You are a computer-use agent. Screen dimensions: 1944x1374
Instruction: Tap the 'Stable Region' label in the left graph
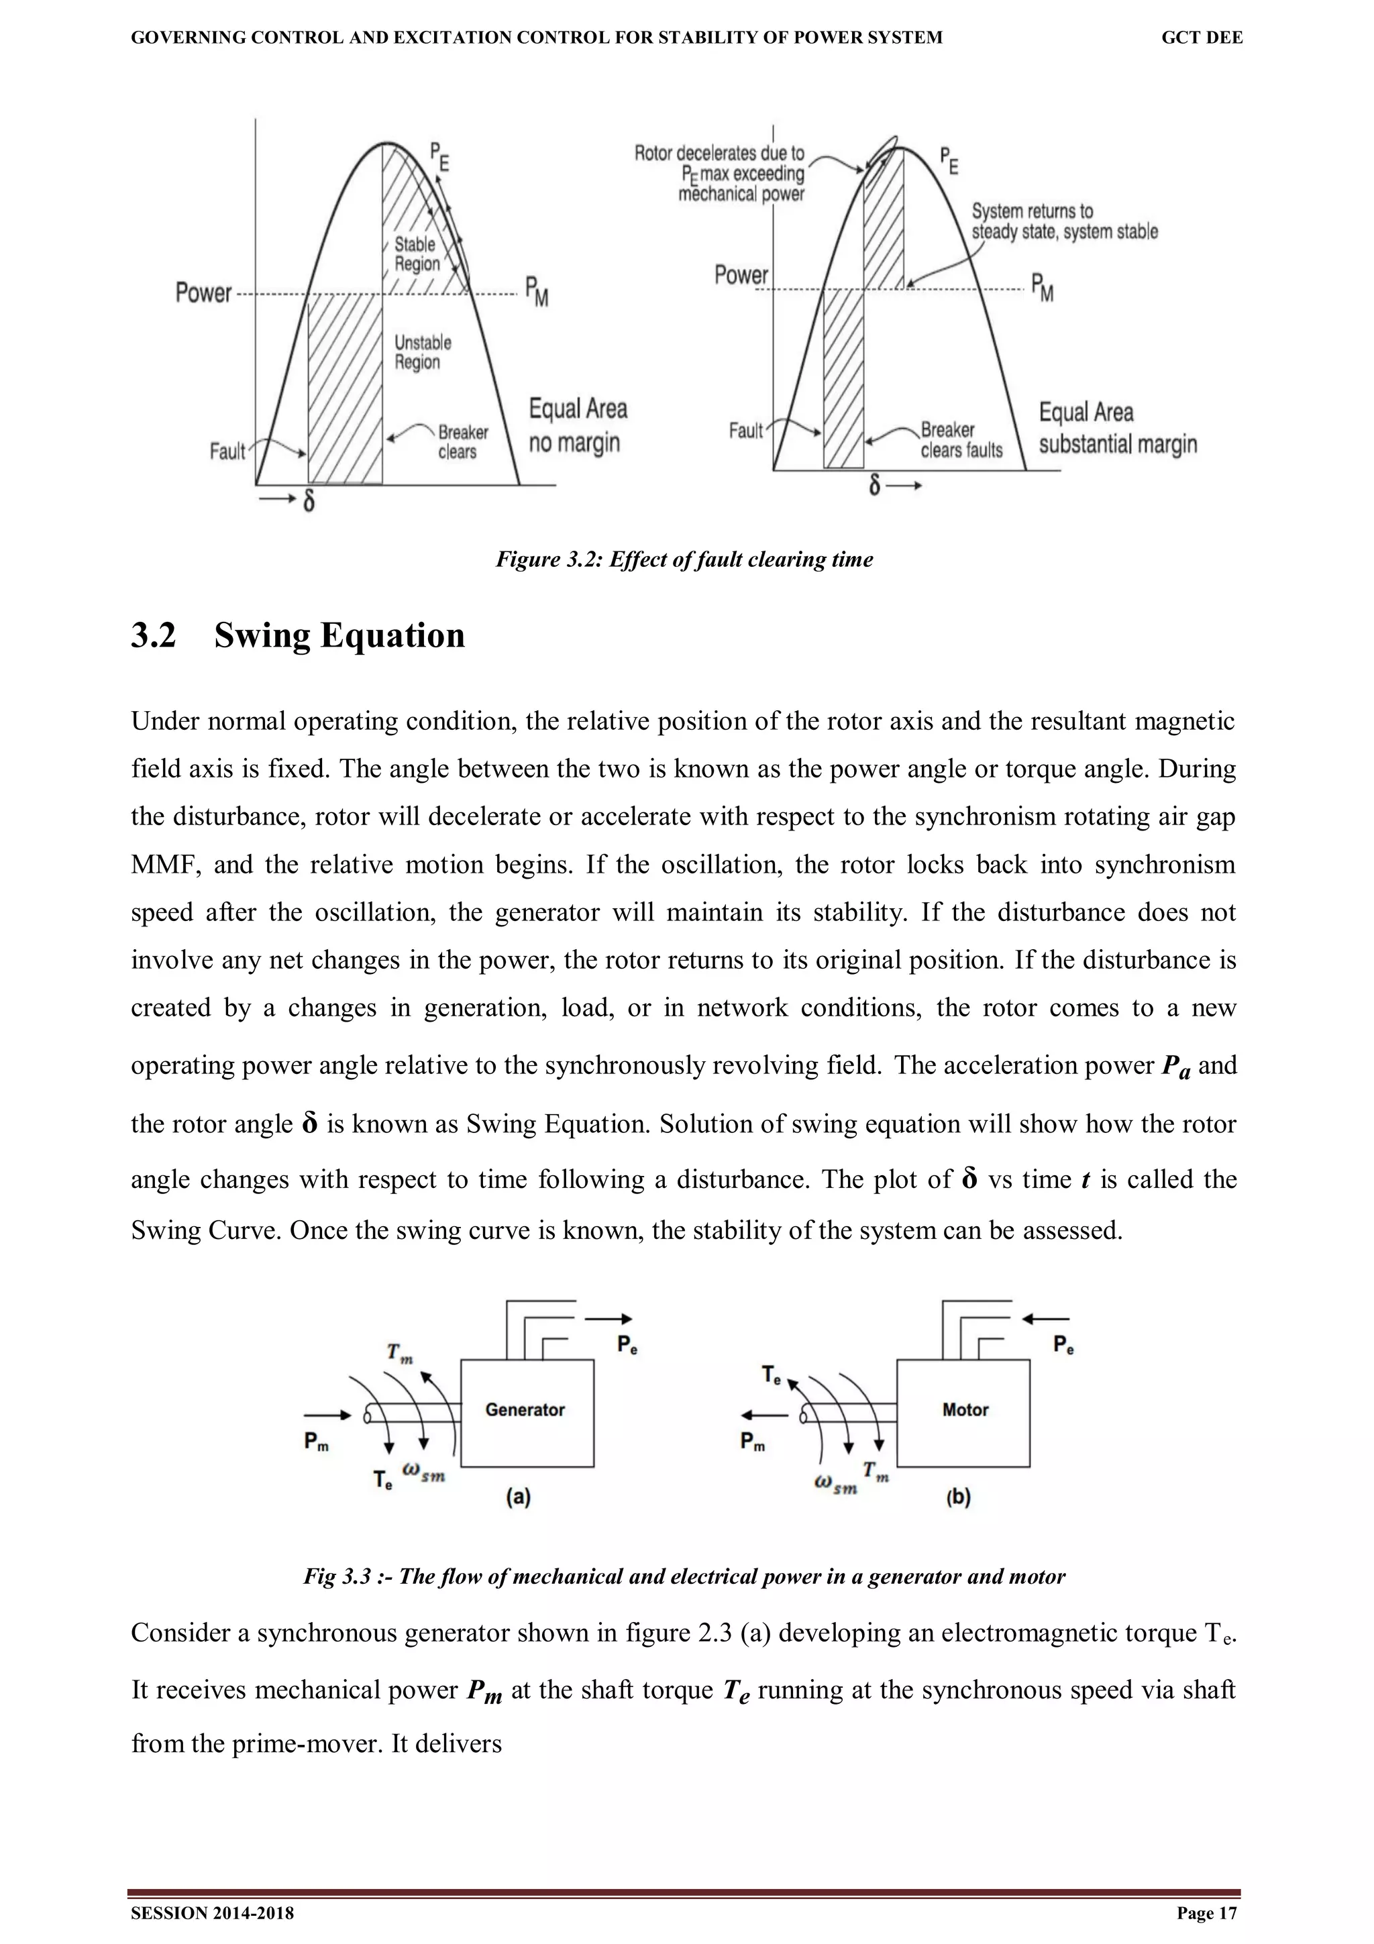[417, 254]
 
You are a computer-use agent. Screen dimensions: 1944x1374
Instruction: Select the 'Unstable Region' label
[423, 352]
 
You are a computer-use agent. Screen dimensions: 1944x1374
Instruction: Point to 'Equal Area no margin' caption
[578, 426]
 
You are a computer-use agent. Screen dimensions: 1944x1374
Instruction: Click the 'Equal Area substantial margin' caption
[1116, 429]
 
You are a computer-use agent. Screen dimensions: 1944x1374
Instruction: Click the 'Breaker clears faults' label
[961, 440]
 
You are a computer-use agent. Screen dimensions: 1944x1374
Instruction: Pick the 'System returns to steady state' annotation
[1064, 221]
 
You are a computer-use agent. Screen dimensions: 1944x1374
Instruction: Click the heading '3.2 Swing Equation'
[297, 635]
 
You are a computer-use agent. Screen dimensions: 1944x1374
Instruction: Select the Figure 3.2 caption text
[684, 559]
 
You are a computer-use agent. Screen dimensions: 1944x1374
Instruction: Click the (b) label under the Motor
[957, 1497]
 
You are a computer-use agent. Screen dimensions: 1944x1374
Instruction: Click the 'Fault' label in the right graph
[746, 431]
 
